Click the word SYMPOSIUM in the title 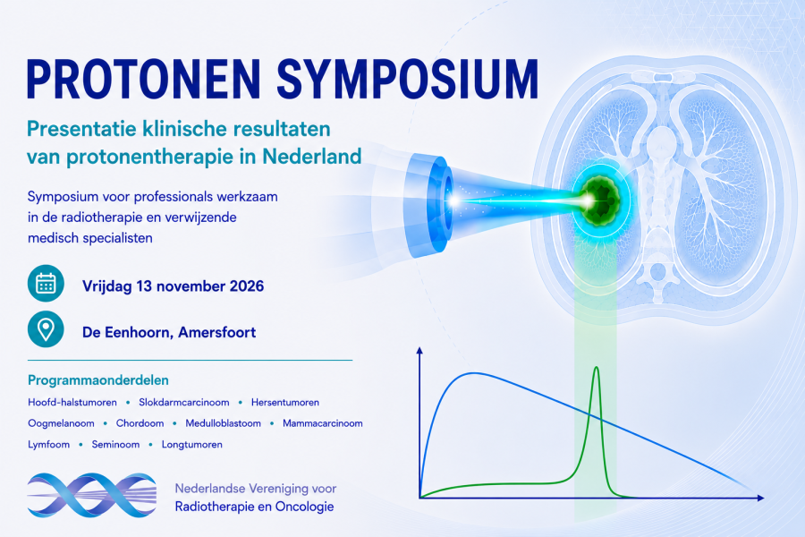(x=408, y=79)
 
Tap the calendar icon (x=46, y=283)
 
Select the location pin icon (x=46, y=329)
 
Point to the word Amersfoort (x=216, y=332)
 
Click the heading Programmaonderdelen (x=98, y=380)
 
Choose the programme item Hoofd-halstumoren (x=72, y=403)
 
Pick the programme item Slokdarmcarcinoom (x=183, y=403)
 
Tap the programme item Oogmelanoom (x=61, y=423)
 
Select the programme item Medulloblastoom (x=223, y=423)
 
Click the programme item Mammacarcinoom (x=322, y=423)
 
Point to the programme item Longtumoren (x=192, y=445)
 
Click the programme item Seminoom (x=115, y=445)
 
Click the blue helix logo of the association (x=92, y=495)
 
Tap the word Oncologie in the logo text (x=304, y=507)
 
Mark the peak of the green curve (x=596, y=368)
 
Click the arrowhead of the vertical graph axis (x=419, y=351)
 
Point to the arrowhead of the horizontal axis (x=761, y=498)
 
